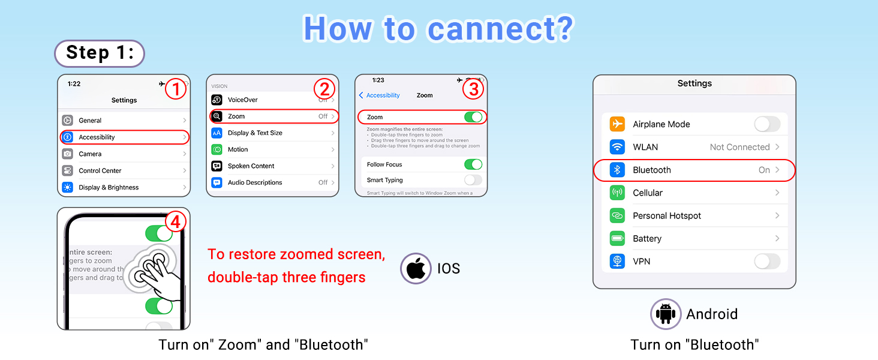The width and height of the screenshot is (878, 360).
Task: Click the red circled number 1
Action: [175, 89]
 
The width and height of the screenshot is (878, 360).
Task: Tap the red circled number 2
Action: [324, 89]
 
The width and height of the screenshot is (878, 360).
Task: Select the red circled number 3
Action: [473, 89]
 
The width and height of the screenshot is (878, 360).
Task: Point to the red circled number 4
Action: [175, 222]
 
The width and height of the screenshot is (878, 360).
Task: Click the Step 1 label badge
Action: [100, 53]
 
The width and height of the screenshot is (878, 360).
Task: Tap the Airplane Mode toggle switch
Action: [766, 124]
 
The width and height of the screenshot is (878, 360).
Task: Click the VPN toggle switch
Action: [766, 261]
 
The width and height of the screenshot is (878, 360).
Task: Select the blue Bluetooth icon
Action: [617, 170]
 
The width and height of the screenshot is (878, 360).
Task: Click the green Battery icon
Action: [617, 238]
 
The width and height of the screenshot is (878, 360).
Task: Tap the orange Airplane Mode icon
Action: [617, 124]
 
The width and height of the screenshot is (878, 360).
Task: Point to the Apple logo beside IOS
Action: [416, 268]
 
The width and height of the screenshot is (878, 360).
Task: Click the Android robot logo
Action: [666, 314]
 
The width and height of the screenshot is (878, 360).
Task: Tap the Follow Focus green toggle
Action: [473, 164]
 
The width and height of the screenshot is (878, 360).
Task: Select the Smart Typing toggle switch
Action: [473, 180]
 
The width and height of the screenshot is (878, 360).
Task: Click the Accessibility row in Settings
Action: [125, 137]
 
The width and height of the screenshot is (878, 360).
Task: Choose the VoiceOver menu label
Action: [243, 100]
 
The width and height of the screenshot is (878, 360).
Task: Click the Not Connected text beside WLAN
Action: [739, 147]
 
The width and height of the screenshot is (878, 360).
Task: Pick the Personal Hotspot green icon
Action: [617, 215]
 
